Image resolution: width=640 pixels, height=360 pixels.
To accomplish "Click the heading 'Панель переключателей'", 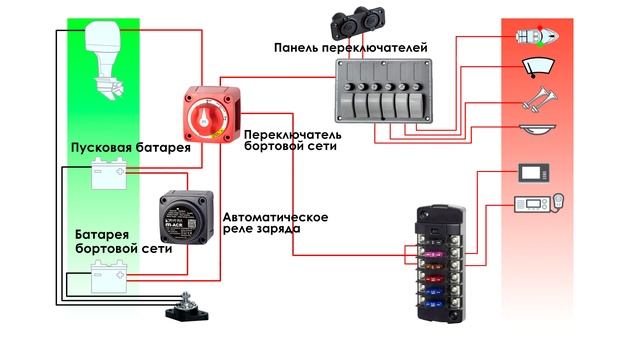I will [349, 47].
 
